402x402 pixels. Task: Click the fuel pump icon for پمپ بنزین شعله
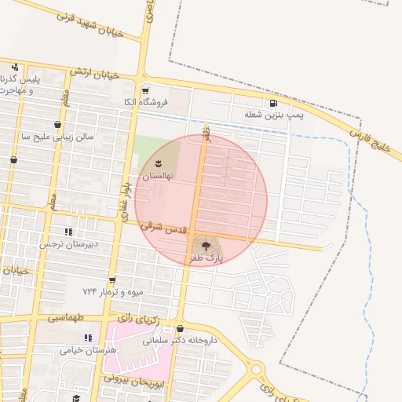272,103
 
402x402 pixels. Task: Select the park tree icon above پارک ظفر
206,246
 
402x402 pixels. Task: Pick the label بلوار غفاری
126,194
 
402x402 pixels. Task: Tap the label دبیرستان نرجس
69,244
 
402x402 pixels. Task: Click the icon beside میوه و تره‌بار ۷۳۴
112,280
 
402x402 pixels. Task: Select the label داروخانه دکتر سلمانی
179,342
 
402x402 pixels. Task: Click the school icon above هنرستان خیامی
87,337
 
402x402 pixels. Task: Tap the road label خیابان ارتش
94,73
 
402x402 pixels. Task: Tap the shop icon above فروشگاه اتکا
146,90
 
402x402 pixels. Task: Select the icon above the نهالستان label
158,164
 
